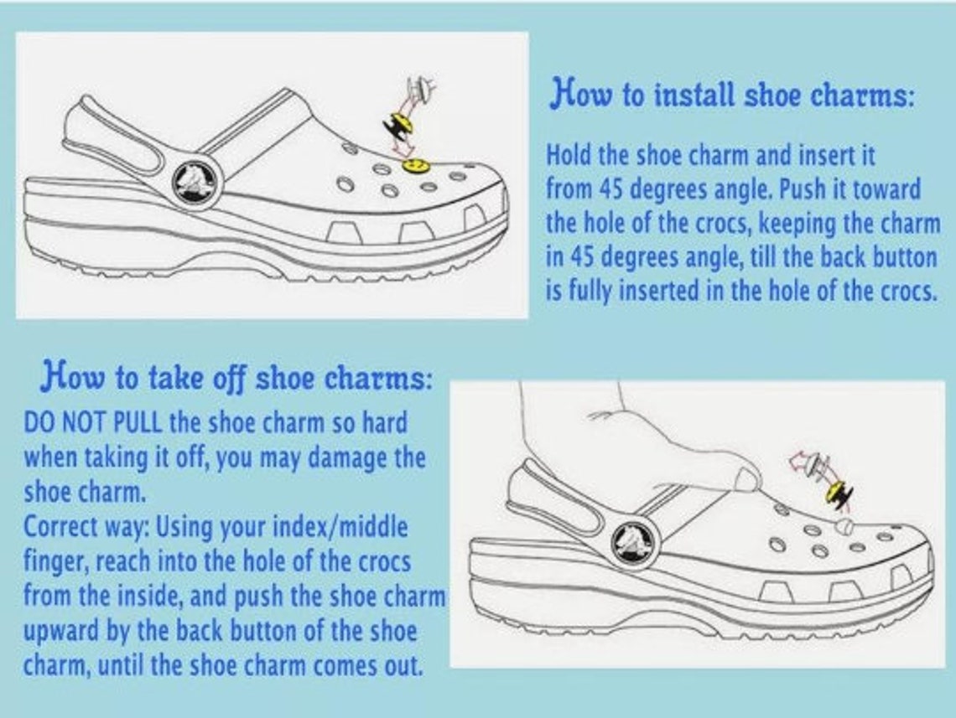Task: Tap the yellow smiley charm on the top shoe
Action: click(x=413, y=166)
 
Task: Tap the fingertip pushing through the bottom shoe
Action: click(x=744, y=480)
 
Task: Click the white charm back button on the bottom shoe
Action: click(x=845, y=526)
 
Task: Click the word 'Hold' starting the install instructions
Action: click(x=568, y=155)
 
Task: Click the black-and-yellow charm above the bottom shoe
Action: click(x=837, y=495)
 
